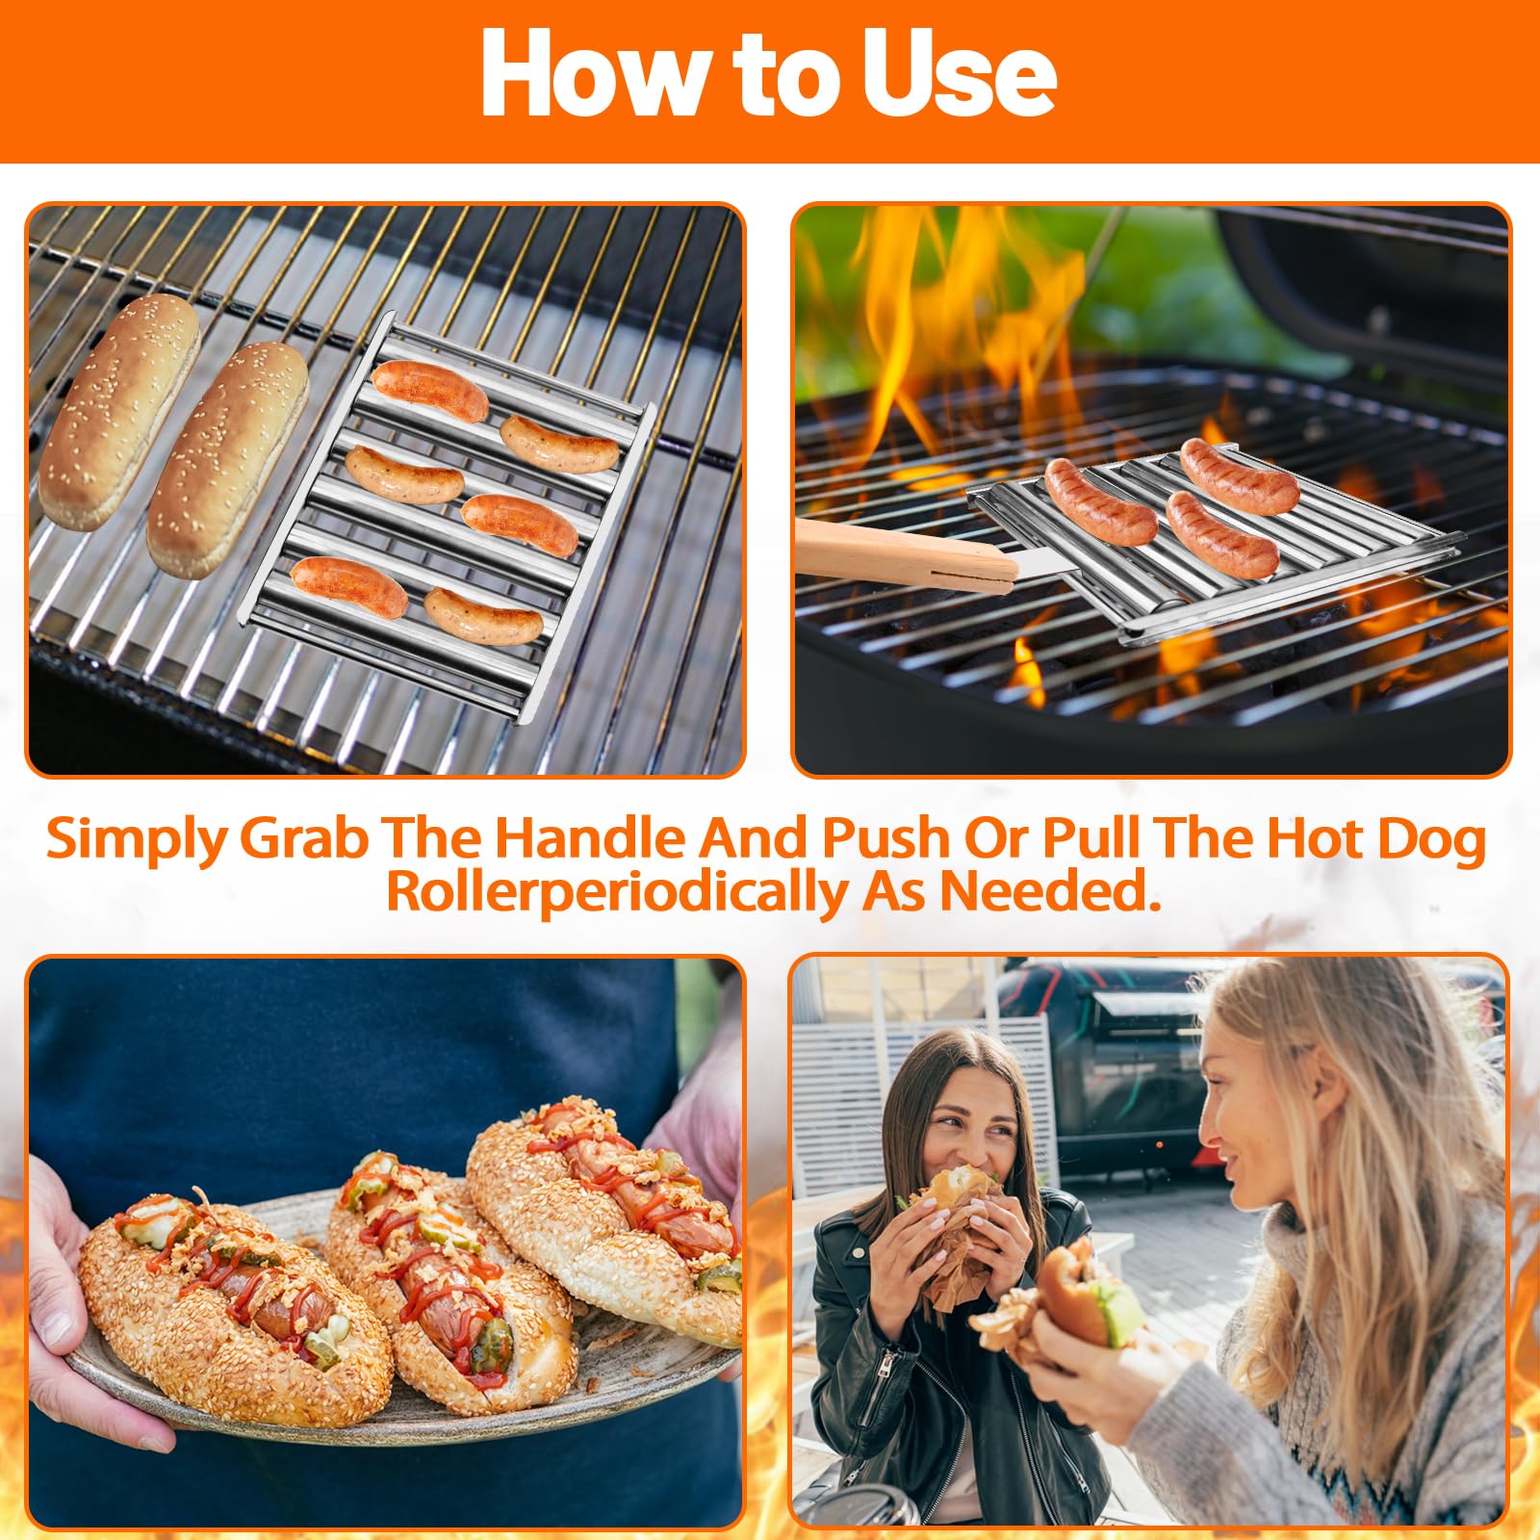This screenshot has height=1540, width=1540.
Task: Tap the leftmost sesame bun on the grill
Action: pyautogui.click(x=117, y=412)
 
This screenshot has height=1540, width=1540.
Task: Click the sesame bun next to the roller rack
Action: pyautogui.click(x=227, y=460)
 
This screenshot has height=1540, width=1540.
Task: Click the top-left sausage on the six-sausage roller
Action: pyautogui.click(x=430, y=390)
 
